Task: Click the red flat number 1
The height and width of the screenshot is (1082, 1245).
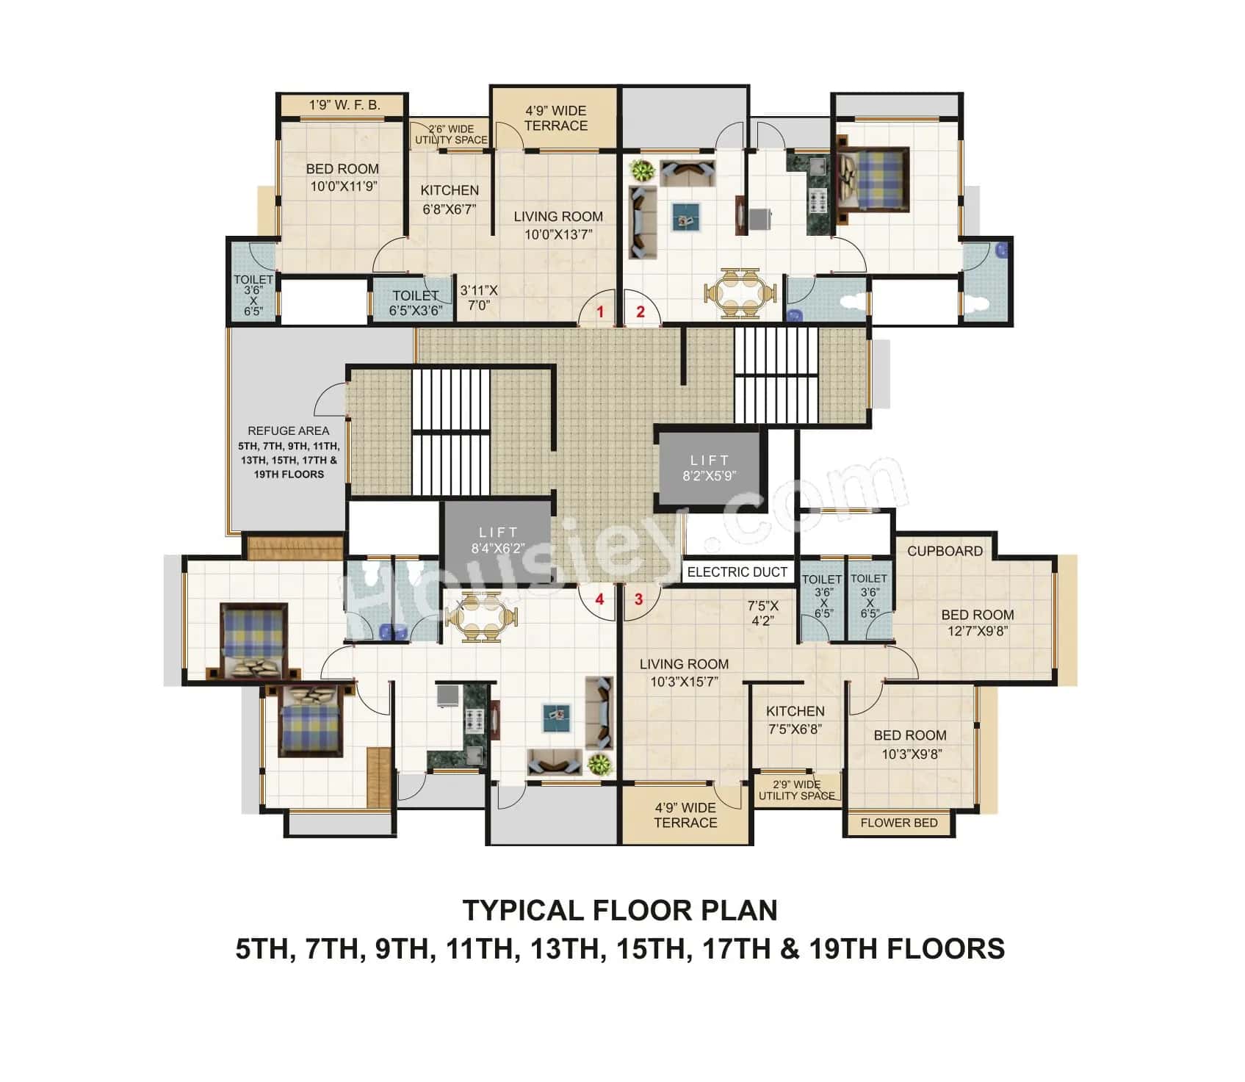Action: [600, 311]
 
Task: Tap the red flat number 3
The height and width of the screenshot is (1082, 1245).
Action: [638, 599]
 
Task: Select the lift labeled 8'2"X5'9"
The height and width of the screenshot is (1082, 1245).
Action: [709, 468]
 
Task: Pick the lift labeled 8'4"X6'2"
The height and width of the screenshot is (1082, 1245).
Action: [497, 539]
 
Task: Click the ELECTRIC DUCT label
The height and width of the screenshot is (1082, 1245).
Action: [737, 571]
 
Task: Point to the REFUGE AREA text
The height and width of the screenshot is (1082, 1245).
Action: [288, 430]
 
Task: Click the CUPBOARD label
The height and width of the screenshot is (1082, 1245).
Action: [945, 551]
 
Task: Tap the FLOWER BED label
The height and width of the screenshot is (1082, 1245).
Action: [899, 823]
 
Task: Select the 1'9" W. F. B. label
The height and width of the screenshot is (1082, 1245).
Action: [344, 105]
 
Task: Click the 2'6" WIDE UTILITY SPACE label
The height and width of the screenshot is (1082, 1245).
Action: [451, 134]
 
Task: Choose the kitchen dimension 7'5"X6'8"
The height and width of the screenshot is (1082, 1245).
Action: [795, 729]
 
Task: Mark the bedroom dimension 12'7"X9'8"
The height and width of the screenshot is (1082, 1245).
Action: [977, 631]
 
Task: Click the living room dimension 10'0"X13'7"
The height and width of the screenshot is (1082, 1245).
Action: [558, 235]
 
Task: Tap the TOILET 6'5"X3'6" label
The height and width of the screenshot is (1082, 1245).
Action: [416, 303]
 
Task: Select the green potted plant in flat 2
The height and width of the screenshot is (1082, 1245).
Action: [643, 171]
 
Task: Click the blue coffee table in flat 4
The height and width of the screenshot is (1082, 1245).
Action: [556, 718]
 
